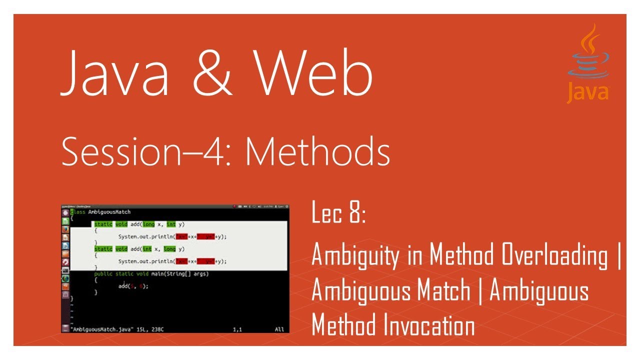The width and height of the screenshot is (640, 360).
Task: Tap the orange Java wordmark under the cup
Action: pos(588,93)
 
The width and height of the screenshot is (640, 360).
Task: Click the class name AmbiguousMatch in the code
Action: pos(110,212)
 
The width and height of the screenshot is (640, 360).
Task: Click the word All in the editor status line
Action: pos(279,329)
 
